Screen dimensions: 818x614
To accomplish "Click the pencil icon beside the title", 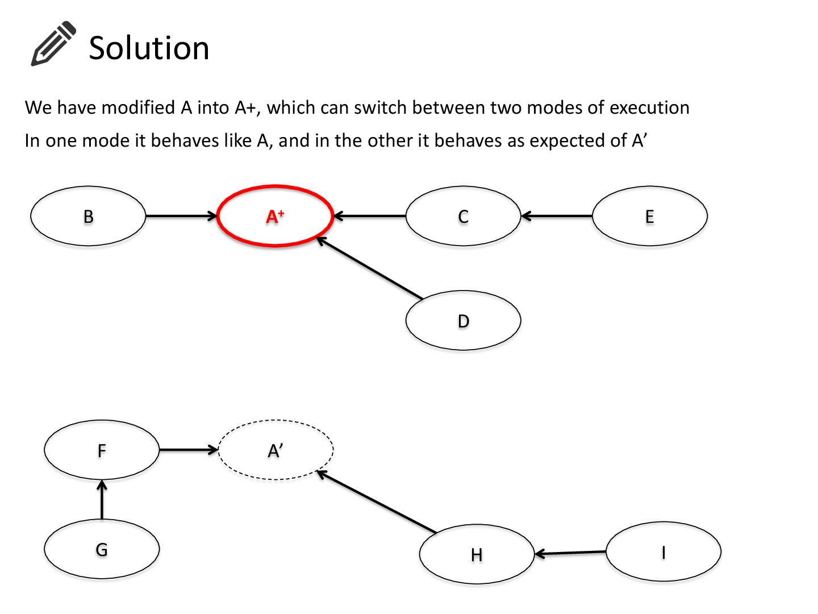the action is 53,44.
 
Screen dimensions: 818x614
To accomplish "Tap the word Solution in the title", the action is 149,48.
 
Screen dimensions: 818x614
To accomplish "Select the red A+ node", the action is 275,216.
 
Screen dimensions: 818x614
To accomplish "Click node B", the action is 88,216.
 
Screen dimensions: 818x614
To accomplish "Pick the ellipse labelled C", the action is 463,216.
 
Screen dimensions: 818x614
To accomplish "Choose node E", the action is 649,216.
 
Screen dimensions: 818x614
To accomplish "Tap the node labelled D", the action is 463,321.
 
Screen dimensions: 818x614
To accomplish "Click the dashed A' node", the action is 276,450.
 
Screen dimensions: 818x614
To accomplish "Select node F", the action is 102,450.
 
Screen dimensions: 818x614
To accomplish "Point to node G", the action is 102,549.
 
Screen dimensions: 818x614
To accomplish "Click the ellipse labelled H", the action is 477,554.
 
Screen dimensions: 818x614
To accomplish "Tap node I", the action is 663,551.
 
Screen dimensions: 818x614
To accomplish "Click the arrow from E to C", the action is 557,216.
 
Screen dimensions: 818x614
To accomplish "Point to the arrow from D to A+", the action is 370,268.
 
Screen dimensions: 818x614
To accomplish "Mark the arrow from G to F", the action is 102,500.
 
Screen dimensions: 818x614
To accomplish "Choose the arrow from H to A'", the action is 377,502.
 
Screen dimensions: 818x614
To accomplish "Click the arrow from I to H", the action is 570,553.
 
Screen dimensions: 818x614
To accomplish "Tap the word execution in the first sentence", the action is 649,107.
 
